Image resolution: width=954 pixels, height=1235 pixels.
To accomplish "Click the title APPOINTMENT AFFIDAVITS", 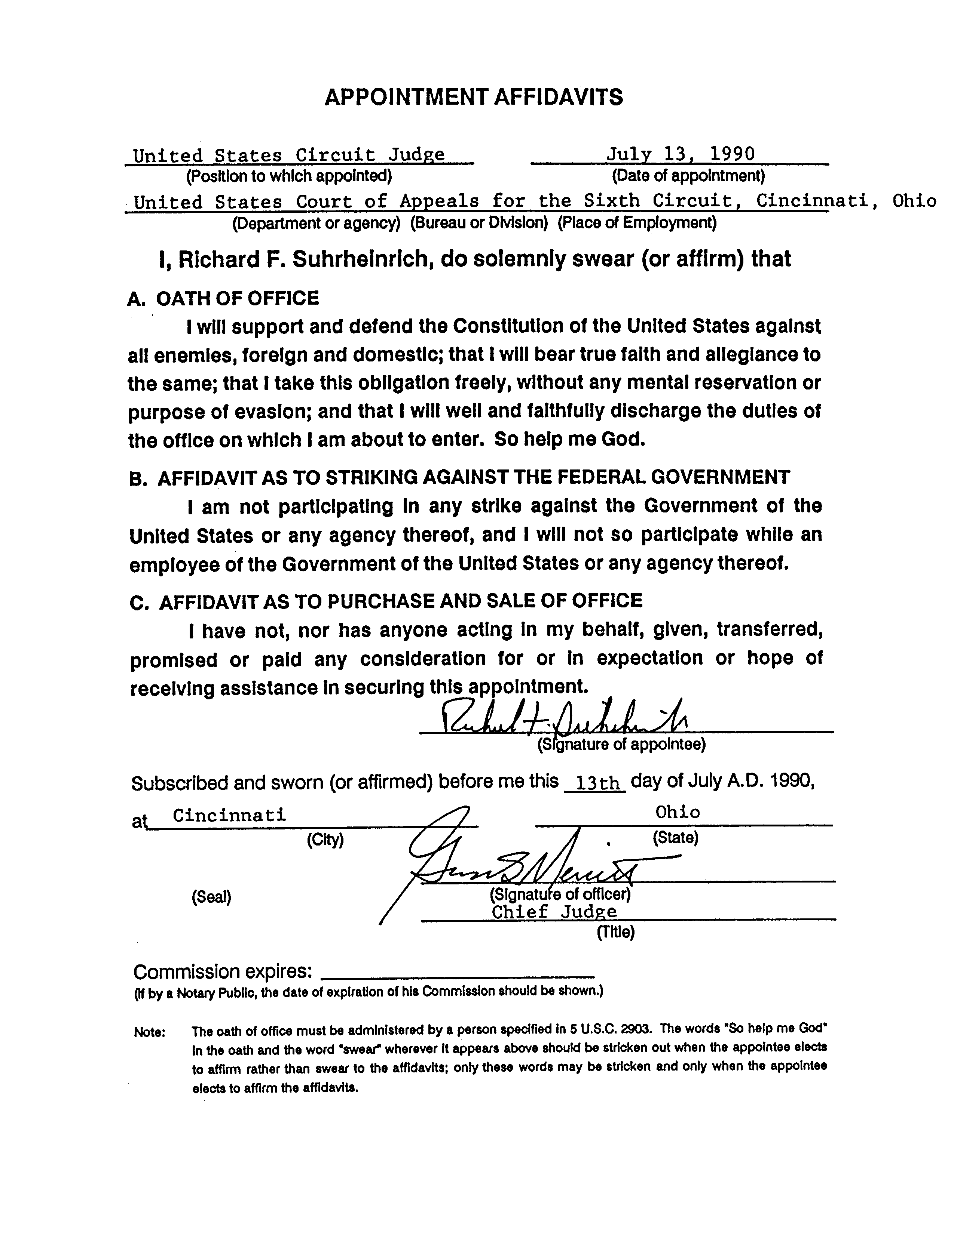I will tap(474, 97).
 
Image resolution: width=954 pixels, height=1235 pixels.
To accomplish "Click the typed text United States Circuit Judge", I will tap(288, 155).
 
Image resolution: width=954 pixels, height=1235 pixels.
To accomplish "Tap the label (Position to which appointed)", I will tap(288, 176).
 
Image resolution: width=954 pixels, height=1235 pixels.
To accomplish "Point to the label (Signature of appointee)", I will tap(621, 745).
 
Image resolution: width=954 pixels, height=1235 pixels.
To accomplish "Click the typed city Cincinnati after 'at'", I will tap(229, 815).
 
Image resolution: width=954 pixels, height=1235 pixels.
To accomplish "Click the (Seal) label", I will tap(211, 897).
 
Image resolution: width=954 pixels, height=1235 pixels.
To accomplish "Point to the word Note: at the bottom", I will tap(149, 1032).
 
